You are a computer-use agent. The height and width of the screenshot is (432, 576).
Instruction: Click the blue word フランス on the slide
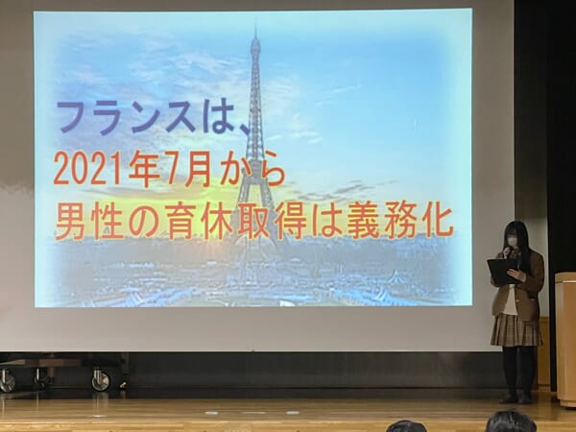pos(125,117)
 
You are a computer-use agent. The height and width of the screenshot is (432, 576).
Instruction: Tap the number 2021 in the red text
pos(87,169)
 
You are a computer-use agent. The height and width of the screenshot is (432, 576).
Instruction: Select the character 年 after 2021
pos(142,169)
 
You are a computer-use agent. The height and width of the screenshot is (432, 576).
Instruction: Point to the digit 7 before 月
pos(173,169)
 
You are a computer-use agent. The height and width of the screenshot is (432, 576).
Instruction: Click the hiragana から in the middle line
pos(252,169)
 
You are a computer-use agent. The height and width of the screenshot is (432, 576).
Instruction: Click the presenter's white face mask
pos(512,241)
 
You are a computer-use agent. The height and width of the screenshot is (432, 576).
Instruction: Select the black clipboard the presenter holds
pos(502,272)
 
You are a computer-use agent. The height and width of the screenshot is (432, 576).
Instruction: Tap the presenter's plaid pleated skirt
pos(516,330)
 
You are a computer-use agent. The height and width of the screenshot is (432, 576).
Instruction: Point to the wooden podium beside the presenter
pos(565,339)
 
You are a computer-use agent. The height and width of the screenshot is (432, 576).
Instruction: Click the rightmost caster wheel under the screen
pos(101,380)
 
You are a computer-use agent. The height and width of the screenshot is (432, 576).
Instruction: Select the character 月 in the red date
pos(200,169)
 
